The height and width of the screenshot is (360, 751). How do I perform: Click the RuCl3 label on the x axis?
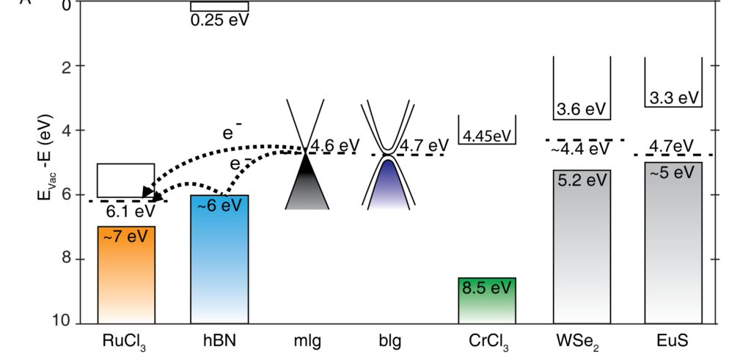click(x=125, y=342)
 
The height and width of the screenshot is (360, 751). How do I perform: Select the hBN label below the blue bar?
click(x=219, y=341)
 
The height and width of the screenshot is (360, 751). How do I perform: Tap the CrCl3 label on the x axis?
click(x=488, y=342)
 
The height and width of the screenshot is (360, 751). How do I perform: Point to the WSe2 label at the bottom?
click(x=580, y=342)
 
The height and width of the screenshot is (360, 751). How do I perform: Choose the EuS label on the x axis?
click(x=673, y=341)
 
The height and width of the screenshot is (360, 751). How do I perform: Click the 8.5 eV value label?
click(x=488, y=287)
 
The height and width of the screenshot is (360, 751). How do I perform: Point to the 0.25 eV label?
click(x=219, y=20)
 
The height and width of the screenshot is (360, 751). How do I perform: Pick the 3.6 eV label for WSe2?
click(x=582, y=109)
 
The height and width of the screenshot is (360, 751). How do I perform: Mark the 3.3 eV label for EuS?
click(x=674, y=98)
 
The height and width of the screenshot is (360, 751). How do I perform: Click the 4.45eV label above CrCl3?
click(x=488, y=135)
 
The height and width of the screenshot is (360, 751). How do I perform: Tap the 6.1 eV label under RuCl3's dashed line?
click(x=131, y=211)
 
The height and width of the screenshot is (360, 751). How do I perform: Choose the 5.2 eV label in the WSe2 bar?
click(x=582, y=180)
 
